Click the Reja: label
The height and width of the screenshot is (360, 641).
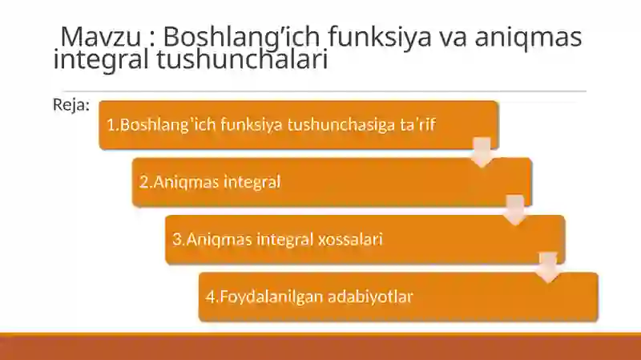[x=71, y=105]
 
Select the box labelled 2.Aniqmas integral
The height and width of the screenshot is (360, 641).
[x=332, y=182]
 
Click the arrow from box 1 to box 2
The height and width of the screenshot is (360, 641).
[x=482, y=152]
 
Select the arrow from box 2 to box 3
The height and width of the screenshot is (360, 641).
[x=514, y=209]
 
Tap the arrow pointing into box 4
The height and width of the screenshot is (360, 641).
[x=548, y=267]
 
